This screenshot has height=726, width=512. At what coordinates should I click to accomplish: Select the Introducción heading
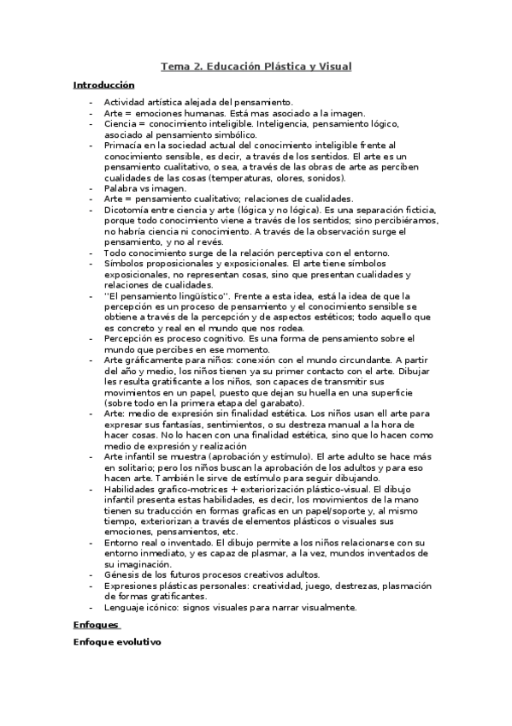coord(104,85)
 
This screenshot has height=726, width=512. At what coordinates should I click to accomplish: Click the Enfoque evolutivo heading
coord(117,642)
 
